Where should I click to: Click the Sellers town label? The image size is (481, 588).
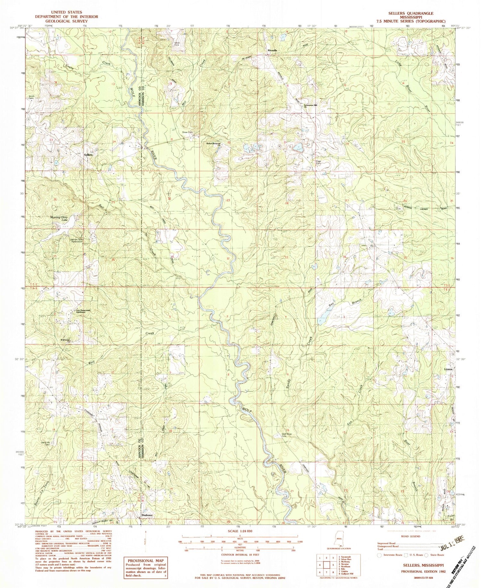coord(89,155)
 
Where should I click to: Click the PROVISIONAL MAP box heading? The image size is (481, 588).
coord(146,561)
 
